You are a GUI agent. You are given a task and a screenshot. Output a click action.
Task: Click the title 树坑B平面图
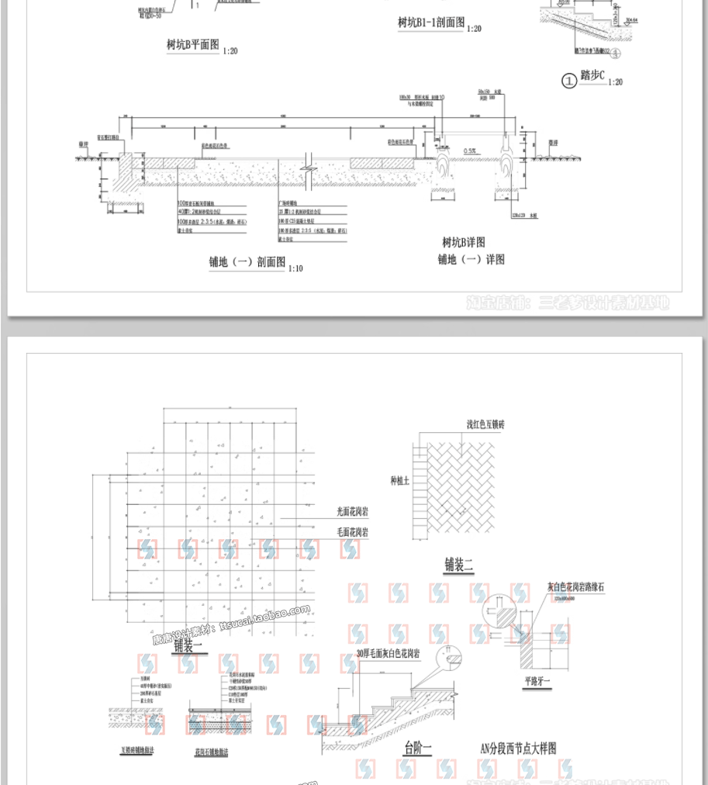(192, 46)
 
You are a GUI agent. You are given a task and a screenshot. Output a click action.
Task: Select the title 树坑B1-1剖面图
(431, 24)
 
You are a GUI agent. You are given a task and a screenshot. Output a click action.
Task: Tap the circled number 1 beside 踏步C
(569, 79)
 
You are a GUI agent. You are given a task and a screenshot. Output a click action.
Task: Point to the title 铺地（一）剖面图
(247, 262)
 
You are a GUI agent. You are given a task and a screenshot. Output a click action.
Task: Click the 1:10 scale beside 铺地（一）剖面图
(295, 268)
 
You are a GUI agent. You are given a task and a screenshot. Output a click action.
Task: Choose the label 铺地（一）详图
(471, 260)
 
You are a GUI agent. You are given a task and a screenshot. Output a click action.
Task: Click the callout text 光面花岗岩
(352, 512)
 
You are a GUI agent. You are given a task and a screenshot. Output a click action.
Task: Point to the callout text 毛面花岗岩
(352, 533)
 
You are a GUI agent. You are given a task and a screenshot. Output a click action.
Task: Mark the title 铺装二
(458, 565)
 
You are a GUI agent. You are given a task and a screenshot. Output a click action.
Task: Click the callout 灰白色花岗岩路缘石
(575, 587)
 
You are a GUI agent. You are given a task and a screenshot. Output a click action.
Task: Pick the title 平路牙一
(536, 683)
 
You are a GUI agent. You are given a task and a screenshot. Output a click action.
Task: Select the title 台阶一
(417, 749)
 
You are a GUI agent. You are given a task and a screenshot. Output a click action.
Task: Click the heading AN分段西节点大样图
(518, 749)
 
